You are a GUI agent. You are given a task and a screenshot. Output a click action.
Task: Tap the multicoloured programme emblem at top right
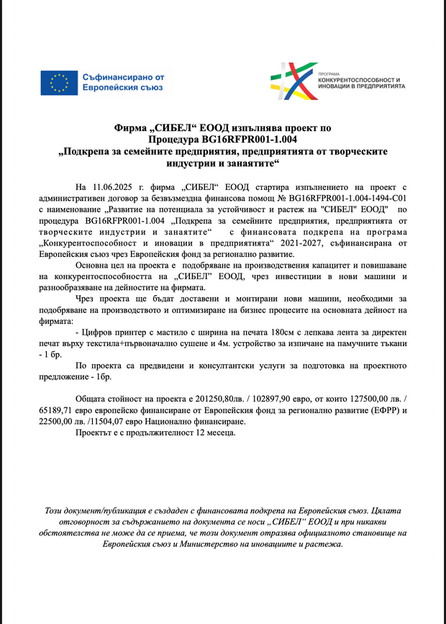click(x=297, y=81)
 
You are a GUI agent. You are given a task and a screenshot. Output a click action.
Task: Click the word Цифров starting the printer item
click(x=96, y=334)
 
